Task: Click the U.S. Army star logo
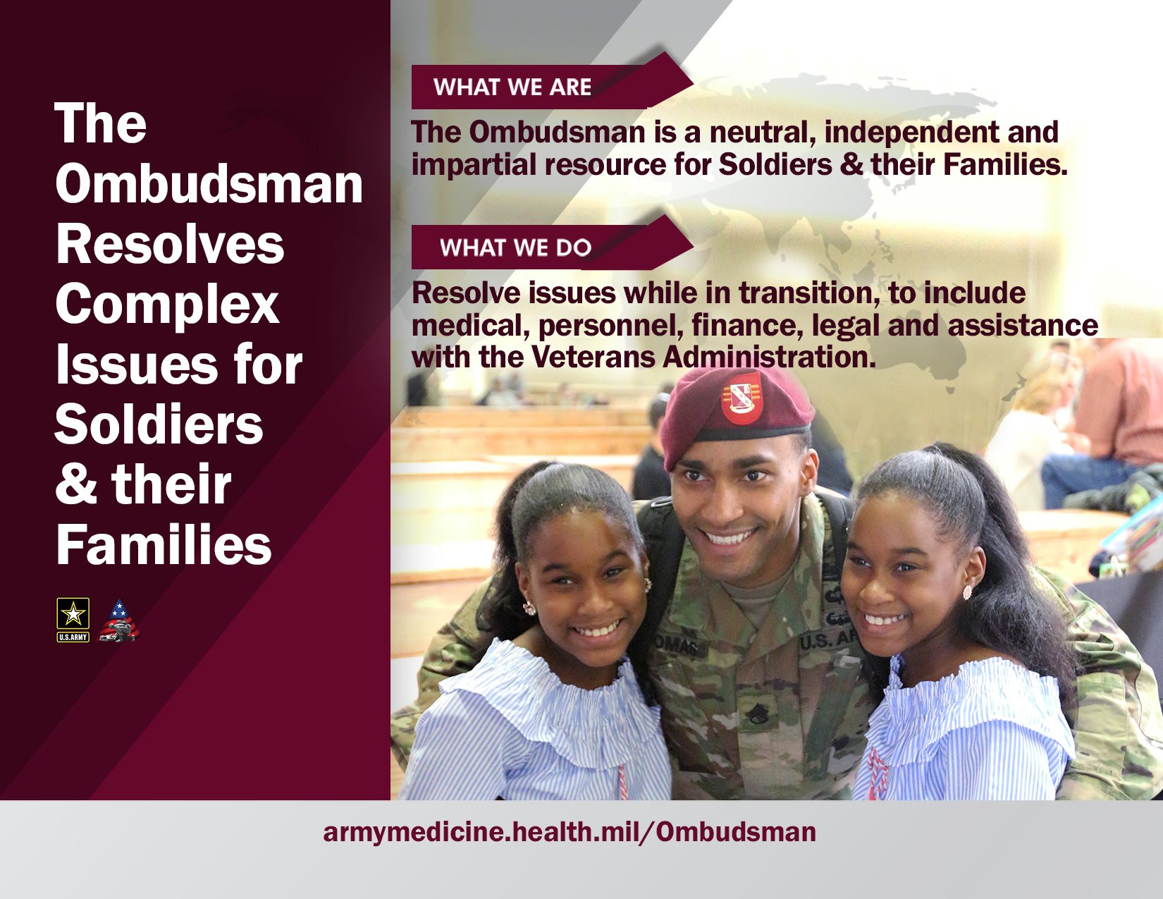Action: pyautogui.click(x=73, y=620)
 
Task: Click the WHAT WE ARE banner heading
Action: pyautogui.click(x=512, y=87)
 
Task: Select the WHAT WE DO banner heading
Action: pyautogui.click(x=515, y=247)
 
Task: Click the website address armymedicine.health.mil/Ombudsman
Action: pyautogui.click(x=570, y=832)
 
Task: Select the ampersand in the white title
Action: pyautogui.click(x=76, y=484)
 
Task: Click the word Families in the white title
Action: pyautogui.click(x=164, y=544)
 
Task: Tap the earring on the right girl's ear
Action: pyautogui.click(x=967, y=592)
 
